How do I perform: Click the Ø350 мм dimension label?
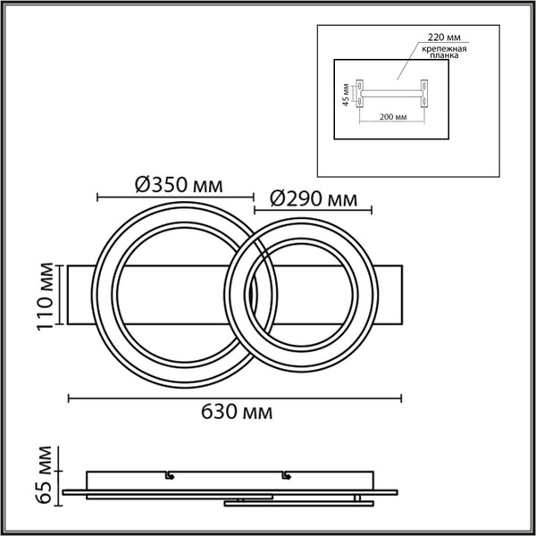[179, 185]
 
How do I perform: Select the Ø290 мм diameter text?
[314, 199]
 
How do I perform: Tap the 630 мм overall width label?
[237, 412]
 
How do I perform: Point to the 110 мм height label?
[46, 296]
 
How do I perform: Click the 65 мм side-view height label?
[44, 475]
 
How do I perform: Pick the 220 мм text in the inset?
[444, 37]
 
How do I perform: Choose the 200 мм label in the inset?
[393, 117]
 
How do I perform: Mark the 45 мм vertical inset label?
[346, 95]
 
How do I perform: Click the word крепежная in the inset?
[444, 48]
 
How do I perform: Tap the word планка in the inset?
[444, 55]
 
